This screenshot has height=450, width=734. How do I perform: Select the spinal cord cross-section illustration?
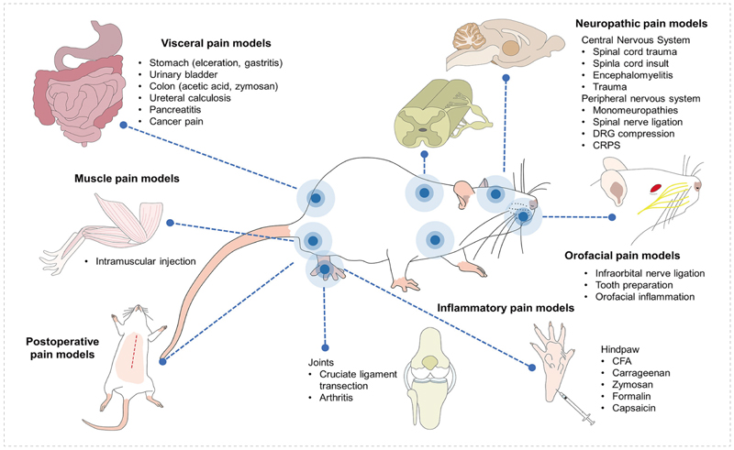click(423, 124)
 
